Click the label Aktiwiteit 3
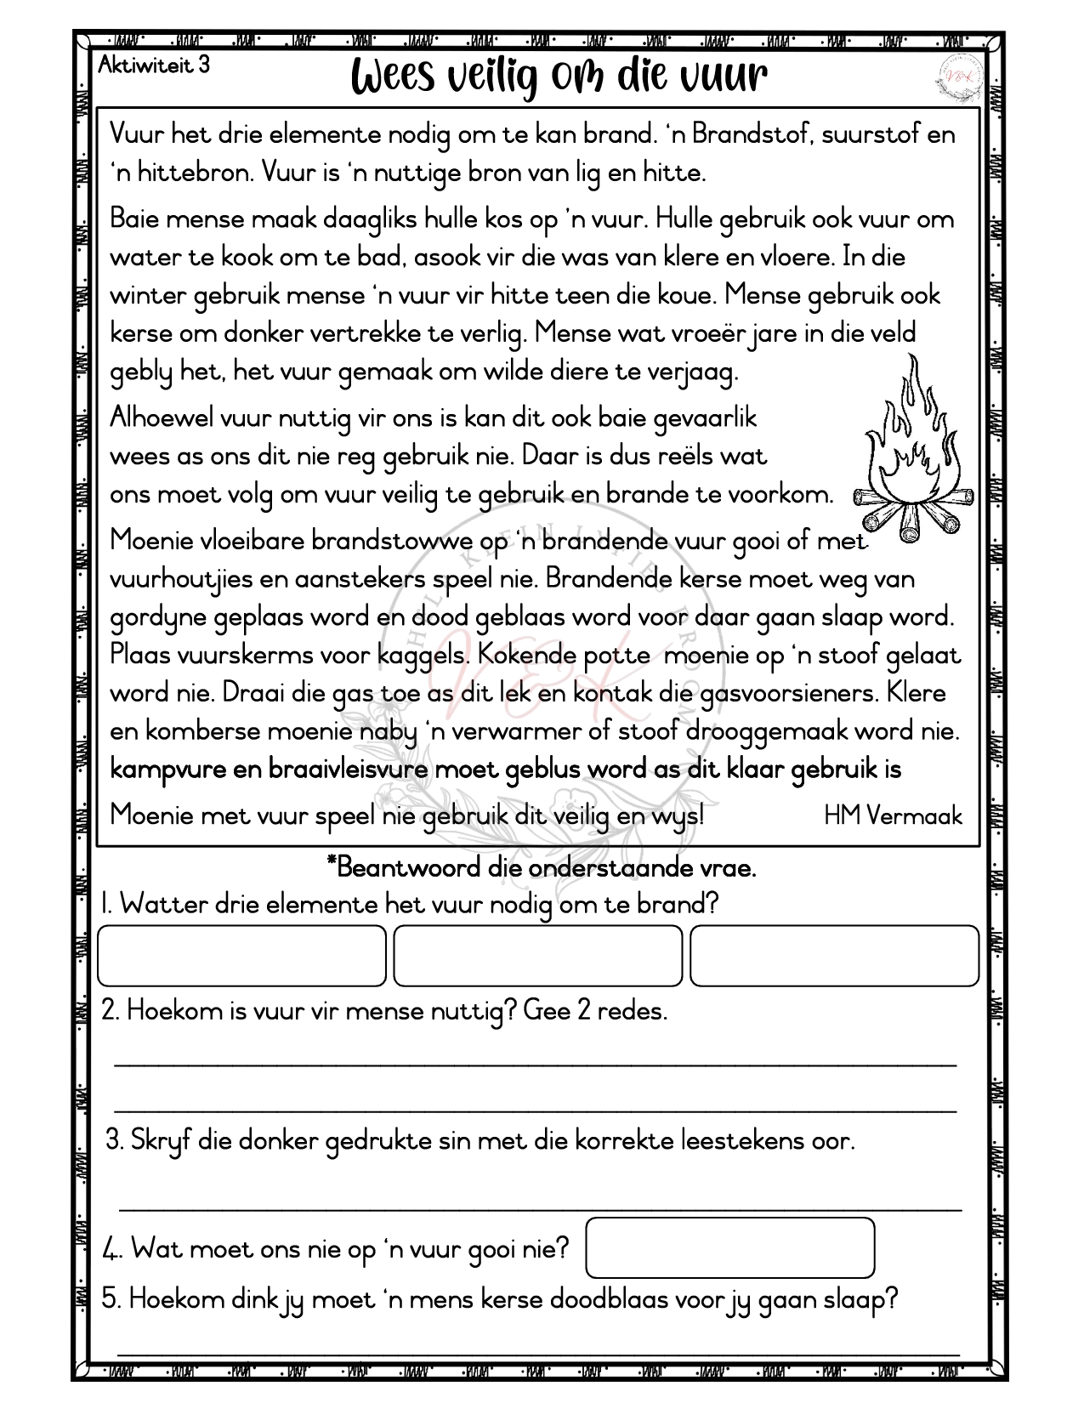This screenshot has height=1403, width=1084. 154,65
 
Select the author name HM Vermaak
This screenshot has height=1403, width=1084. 893,815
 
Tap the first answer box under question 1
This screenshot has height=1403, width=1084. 241,955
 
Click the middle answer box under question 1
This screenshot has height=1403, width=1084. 537,955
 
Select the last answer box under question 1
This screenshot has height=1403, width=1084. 834,955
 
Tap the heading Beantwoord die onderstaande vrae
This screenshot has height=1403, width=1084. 542,868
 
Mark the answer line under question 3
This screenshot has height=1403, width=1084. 540,1206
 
